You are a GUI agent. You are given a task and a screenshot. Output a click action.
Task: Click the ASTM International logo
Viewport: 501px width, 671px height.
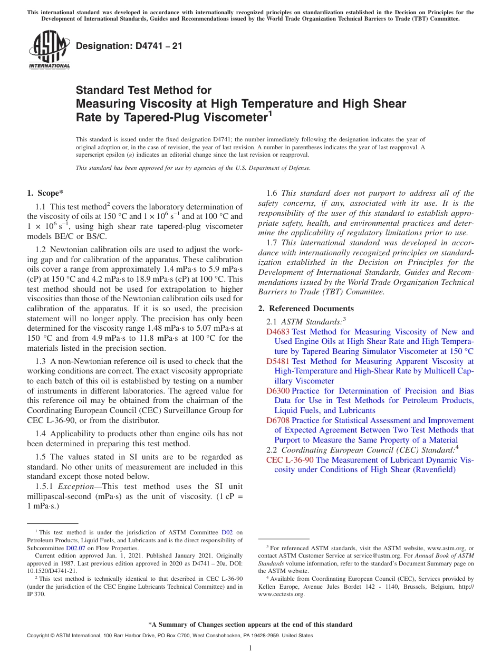[x=49, y=51]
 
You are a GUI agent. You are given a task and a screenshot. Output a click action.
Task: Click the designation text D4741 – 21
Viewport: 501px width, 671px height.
[x=129, y=46]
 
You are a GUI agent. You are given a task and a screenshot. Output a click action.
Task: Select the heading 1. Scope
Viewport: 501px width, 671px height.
[x=45, y=193]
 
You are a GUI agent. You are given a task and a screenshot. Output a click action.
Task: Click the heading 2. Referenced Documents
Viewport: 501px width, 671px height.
[x=306, y=309]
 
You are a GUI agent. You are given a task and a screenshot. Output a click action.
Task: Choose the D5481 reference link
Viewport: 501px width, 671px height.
[x=277, y=361]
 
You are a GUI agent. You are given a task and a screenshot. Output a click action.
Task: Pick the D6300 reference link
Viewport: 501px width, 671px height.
[x=277, y=391]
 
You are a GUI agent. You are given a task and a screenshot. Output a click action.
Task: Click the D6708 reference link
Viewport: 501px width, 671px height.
[x=277, y=420]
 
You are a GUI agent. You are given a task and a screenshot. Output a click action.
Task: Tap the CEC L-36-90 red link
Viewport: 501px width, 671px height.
[x=290, y=460]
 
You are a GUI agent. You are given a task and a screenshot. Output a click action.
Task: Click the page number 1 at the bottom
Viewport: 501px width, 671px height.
[x=250, y=648]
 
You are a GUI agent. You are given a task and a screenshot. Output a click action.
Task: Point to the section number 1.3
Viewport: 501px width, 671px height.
[x=41, y=361]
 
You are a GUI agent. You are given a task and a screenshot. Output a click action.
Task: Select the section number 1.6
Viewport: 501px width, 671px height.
[x=272, y=193]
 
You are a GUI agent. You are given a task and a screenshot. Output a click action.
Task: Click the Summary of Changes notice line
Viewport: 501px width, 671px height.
[x=250, y=625]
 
